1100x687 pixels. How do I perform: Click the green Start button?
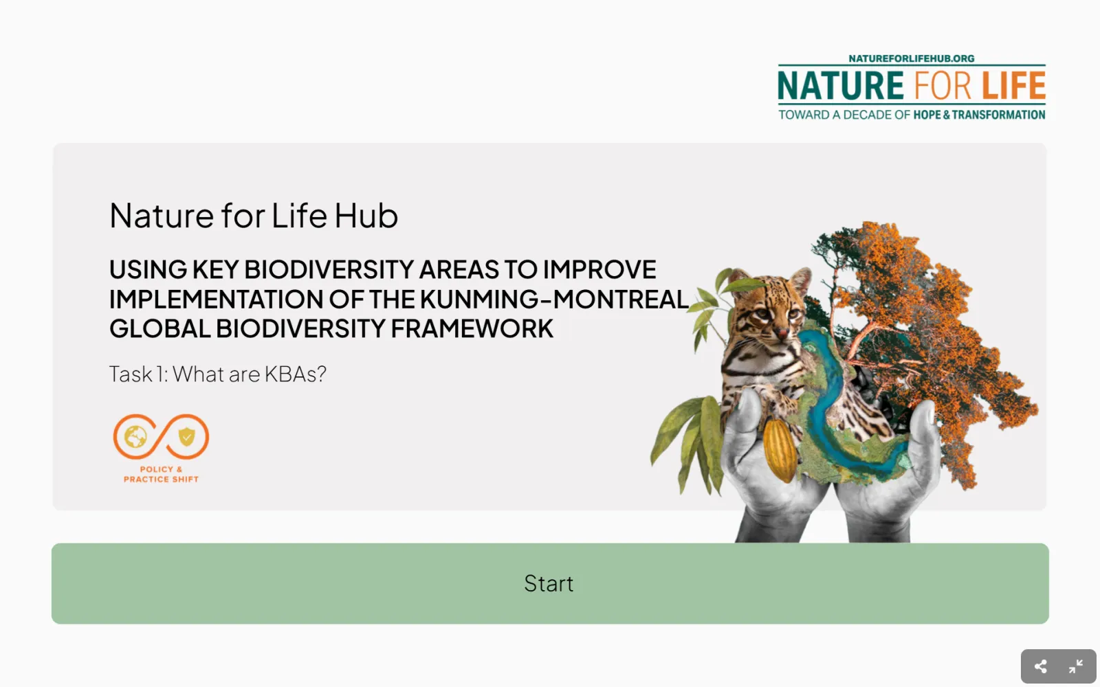(x=550, y=583)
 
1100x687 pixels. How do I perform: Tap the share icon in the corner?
(x=1040, y=666)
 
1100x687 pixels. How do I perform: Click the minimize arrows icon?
(x=1075, y=666)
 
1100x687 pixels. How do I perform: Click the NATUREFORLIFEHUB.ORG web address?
(x=912, y=58)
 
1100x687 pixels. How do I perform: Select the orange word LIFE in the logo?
(x=1013, y=86)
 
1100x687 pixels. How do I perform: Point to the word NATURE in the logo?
(x=841, y=86)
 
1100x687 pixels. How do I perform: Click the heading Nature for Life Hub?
(x=254, y=216)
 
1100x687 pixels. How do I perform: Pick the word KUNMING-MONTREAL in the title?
(x=554, y=299)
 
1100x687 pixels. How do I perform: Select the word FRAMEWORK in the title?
(x=472, y=328)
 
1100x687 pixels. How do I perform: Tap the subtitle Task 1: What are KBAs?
(x=217, y=374)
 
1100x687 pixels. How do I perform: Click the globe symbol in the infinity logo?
(x=135, y=437)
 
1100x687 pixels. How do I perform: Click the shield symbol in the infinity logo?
(x=186, y=436)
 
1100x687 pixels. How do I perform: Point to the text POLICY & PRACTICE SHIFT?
(x=161, y=475)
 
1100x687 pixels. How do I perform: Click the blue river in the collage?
(x=835, y=403)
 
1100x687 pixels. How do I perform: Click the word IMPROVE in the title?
(x=599, y=269)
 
